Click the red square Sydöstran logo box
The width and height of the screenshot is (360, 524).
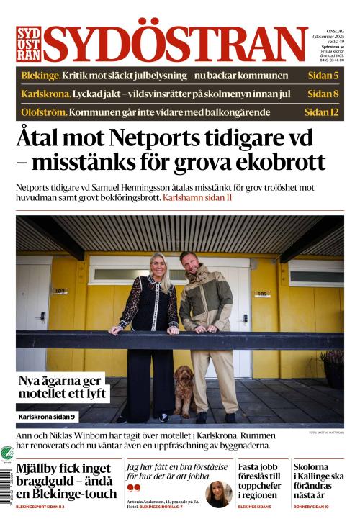pos(29,44)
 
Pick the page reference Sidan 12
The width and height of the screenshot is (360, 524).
pos(320,112)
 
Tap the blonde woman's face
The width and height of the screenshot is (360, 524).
pos(158,263)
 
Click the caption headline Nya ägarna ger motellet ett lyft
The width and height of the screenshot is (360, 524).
pos(63,387)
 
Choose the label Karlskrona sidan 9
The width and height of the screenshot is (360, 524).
pos(47,417)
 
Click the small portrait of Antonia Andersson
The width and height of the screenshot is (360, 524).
pos(218,493)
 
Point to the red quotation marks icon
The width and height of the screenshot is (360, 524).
pos(131,487)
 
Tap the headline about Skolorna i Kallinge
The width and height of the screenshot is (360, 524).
pos(318,481)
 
